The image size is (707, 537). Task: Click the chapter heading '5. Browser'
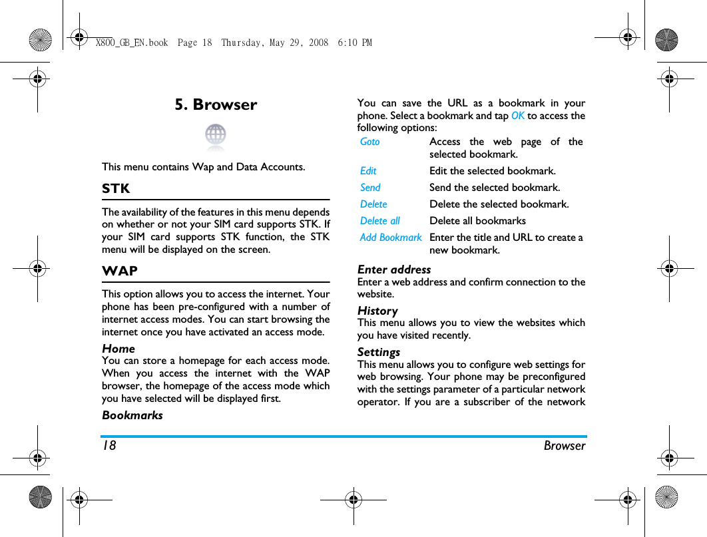pyautogui.click(x=216, y=104)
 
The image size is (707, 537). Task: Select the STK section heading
pyautogui.click(x=116, y=188)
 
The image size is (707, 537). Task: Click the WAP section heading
pyautogui.click(x=120, y=271)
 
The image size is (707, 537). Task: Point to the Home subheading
pyautogui.click(x=118, y=349)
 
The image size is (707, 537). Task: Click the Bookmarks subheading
pyautogui.click(x=132, y=415)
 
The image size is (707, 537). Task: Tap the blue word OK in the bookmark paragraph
pyautogui.click(x=518, y=116)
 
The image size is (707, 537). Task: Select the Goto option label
pyautogui.click(x=370, y=141)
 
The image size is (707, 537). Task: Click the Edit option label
pyautogui.click(x=368, y=171)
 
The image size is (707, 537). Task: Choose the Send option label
pyautogui.click(x=370, y=188)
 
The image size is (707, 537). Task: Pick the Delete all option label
pyautogui.click(x=380, y=221)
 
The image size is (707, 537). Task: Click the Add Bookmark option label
pyautogui.click(x=391, y=238)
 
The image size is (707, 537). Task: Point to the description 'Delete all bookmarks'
pyautogui.click(x=477, y=221)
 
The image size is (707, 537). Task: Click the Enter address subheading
pyautogui.click(x=394, y=269)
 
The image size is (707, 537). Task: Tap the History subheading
pyautogui.click(x=377, y=311)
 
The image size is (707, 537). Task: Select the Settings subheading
pyautogui.click(x=379, y=352)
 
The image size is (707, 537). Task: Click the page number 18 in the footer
pyautogui.click(x=109, y=446)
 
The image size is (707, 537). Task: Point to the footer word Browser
pyautogui.click(x=565, y=446)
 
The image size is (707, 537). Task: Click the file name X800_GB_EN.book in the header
pyautogui.click(x=132, y=43)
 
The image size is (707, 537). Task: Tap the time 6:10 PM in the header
pyautogui.click(x=355, y=43)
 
